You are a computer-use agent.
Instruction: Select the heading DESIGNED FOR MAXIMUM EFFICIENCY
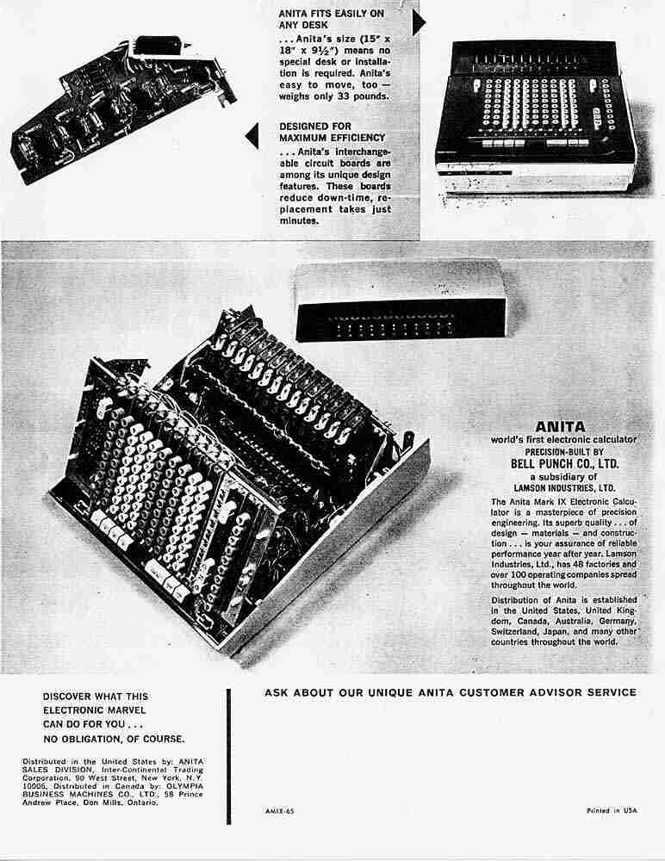tap(332, 132)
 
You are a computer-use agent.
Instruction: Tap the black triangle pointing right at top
tap(420, 24)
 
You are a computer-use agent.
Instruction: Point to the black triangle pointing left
tap(252, 134)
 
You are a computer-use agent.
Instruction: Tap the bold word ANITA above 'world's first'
tap(560, 425)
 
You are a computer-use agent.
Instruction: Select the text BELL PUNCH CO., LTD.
tap(560, 464)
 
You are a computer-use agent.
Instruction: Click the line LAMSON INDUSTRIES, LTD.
tap(560, 488)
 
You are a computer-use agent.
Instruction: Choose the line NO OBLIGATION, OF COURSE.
tap(114, 738)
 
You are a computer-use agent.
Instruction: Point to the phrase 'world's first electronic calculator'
tap(560, 439)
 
